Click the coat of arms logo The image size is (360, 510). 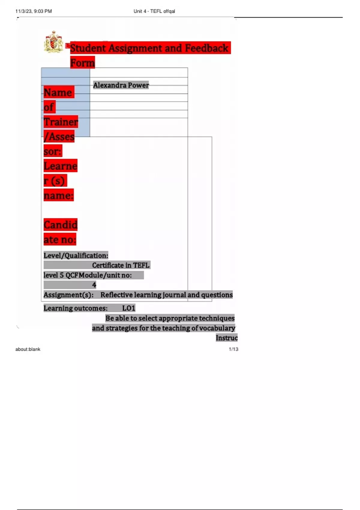pyautogui.click(x=53, y=42)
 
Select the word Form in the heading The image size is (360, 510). pyautogui.click(x=82, y=63)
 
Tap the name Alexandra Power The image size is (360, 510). pyautogui.click(x=121, y=85)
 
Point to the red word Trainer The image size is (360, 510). pyautogui.click(x=61, y=122)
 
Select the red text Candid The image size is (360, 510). pyautogui.click(x=60, y=225)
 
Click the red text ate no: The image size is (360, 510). pyautogui.click(x=60, y=239)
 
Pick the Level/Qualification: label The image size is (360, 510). pyautogui.click(x=76, y=256)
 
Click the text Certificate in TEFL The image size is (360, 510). pyautogui.click(x=121, y=265)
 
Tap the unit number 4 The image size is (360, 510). pyautogui.click(x=94, y=285)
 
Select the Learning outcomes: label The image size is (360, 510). pyautogui.click(x=75, y=308)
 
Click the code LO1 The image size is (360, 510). pyautogui.click(x=129, y=308)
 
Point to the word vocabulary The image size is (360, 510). pyautogui.click(x=217, y=328)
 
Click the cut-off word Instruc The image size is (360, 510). pyautogui.click(x=226, y=338)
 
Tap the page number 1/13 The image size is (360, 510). pyautogui.click(x=233, y=349)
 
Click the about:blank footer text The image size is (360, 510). pyautogui.click(x=28, y=349)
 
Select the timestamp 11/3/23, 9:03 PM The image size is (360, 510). pyautogui.click(x=34, y=11)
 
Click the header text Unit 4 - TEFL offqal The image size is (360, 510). pyautogui.click(x=154, y=11)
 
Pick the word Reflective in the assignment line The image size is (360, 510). pyautogui.click(x=116, y=295)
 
